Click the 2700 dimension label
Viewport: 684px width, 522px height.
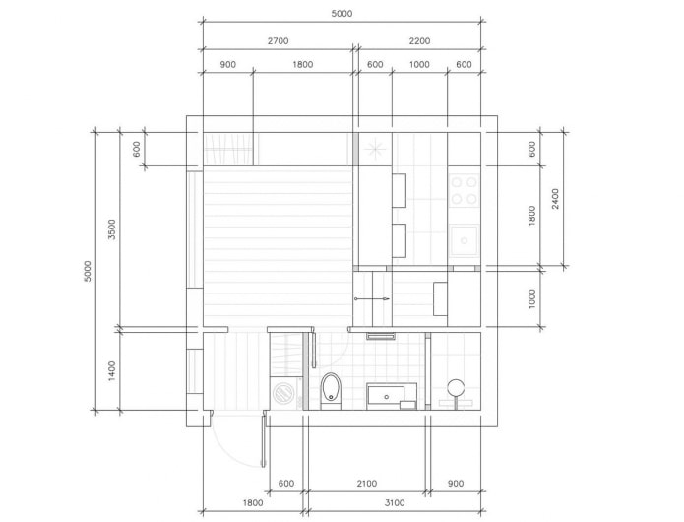tap(278, 41)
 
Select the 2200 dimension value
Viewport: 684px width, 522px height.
tap(419, 41)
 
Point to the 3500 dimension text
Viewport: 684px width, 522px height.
tap(112, 229)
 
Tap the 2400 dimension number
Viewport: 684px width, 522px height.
tap(555, 199)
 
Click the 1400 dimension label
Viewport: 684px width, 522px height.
tap(112, 371)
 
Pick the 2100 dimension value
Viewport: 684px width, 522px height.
tap(366, 484)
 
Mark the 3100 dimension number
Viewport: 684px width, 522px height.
tap(395, 503)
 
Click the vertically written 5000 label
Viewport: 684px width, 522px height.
tap(88, 271)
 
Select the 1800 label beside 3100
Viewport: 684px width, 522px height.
tap(253, 503)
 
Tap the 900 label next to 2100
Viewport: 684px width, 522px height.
tap(456, 484)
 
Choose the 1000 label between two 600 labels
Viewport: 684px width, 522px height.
tap(419, 65)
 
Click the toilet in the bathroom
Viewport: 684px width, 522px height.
tap(331, 391)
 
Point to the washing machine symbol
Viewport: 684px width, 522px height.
tap(284, 394)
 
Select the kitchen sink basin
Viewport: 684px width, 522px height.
tap(465, 240)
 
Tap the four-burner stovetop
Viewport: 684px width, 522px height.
tap(464, 191)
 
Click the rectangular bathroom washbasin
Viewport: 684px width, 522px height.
tap(386, 396)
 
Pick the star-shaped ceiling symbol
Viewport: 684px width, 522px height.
tap(375, 149)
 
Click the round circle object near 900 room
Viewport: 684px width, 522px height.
tap(456, 388)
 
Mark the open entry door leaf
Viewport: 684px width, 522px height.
tap(264, 441)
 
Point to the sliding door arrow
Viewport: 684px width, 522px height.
tap(372, 299)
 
